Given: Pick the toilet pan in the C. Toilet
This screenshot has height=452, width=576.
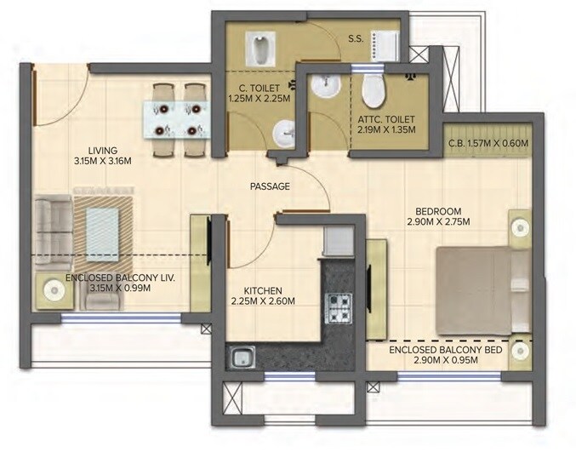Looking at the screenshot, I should coord(259,43).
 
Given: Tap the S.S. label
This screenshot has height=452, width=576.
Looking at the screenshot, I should coord(357,37).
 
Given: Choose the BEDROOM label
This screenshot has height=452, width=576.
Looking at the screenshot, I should coord(438,210).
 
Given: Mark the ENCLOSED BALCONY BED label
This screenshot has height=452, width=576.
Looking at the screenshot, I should coord(444,350).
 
